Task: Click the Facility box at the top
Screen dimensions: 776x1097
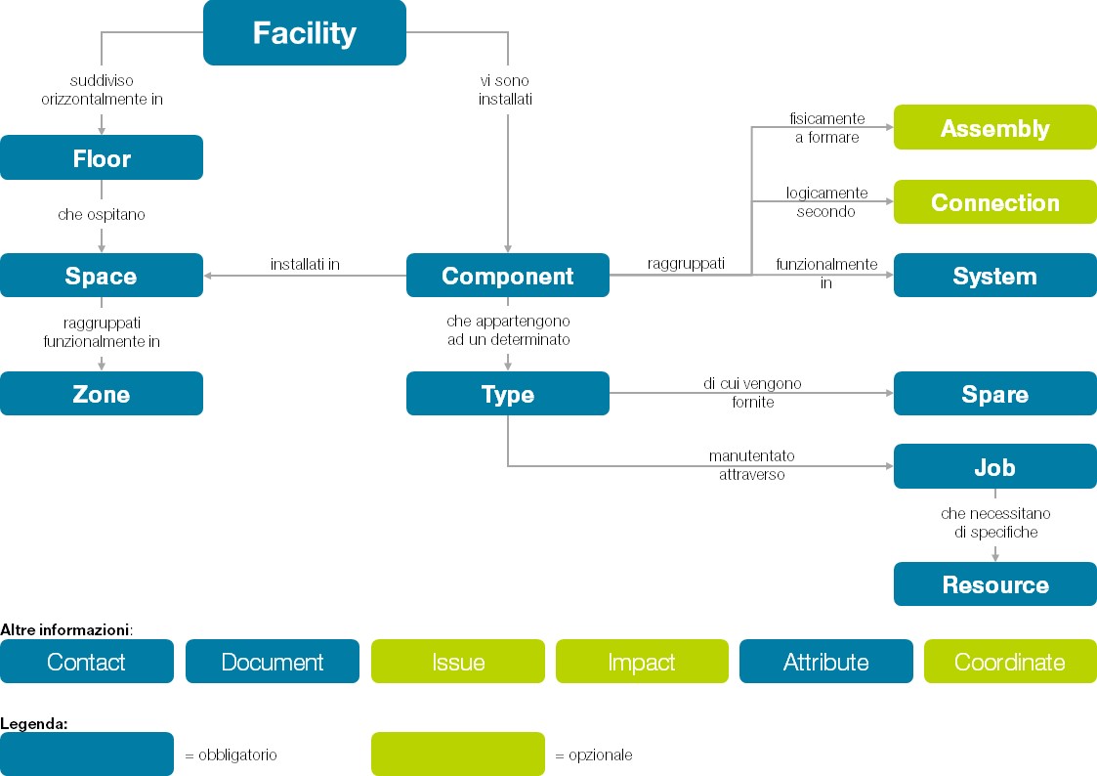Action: pyautogui.click(x=304, y=33)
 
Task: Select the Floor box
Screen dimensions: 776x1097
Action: pyautogui.click(x=102, y=158)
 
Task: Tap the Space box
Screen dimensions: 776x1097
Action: pyautogui.click(x=102, y=276)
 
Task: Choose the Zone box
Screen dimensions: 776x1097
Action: pyautogui.click(x=102, y=394)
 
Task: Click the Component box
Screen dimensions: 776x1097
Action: pyautogui.click(x=507, y=276)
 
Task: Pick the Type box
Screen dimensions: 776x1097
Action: pyautogui.click(x=507, y=394)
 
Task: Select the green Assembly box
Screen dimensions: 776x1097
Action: pyautogui.click(x=994, y=128)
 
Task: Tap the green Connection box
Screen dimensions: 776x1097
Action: pyautogui.click(x=994, y=202)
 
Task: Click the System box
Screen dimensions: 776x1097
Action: pyautogui.click(x=994, y=276)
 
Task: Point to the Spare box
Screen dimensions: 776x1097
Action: pyautogui.click(x=994, y=394)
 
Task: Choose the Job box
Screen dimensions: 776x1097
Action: pyautogui.click(x=994, y=467)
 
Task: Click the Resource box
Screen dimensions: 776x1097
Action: pyautogui.click(x=994, y=584)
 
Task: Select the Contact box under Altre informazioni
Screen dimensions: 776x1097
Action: pyautogui.click(x=87, y=662)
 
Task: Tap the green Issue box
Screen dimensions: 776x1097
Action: pyautogui.click(x=457, y=662)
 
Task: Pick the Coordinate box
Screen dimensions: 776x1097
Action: pyautogui.click(x=1010, y=662)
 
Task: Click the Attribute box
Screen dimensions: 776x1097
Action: pyautogui.click(x=825, y=662)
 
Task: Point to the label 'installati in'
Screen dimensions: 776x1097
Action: pyautogui.click(x=305, y=265)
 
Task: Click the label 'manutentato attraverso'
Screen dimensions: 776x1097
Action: pyautogui.click(x=751, y=465)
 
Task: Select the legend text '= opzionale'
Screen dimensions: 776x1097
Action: pyautogui.click(x=593, y=755)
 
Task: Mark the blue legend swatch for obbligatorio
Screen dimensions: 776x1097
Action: pyautogui.click(x=87, y=754)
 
